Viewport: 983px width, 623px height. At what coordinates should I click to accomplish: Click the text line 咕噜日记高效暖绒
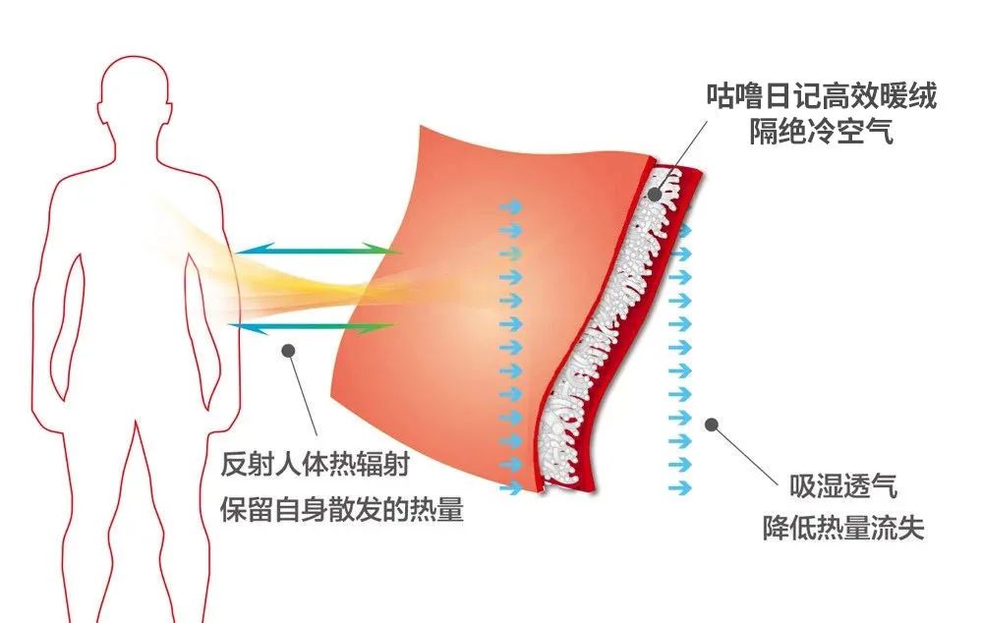[x=821, y=96]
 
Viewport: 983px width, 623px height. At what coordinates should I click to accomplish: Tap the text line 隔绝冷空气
[x=821, y=133]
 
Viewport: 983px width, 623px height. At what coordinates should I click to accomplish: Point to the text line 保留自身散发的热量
[x=343, y=510]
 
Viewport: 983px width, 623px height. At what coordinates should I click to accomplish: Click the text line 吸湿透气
[x=843, y=486]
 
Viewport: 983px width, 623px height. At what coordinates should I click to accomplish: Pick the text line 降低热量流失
[x=843, y=529]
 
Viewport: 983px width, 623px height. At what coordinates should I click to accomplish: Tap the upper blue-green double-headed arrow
[x=319, y=252]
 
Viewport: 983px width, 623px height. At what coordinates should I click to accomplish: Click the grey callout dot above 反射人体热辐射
[x=288, y=348]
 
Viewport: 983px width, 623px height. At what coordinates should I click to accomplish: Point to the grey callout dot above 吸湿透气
[x=713, y=425]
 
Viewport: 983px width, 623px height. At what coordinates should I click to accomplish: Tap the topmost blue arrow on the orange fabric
[x=511, y=206]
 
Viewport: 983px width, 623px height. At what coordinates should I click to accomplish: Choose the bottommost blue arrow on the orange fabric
[x=511, y=487]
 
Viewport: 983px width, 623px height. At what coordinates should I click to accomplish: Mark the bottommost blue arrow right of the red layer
[x=679, y=487]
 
